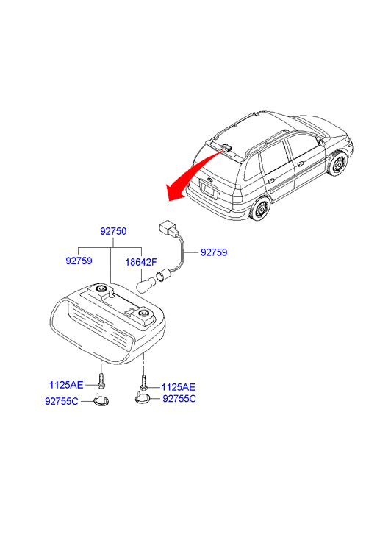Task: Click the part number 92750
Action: (113, 231)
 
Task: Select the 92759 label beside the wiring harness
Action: (214, 252)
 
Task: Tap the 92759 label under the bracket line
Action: (79, 261)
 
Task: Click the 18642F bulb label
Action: (141, 262)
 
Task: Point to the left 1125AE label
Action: (66, 385)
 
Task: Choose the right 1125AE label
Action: (178, 387)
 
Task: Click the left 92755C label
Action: (62, 401)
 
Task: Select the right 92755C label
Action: (179, 399)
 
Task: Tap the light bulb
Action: (146, 286)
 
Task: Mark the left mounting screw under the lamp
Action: (101, 380)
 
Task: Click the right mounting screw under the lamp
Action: (143, 383)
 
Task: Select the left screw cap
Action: (101, 400)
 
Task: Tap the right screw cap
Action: (143, 397)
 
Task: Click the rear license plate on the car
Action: (209, 190)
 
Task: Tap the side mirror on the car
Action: (321, 141)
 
